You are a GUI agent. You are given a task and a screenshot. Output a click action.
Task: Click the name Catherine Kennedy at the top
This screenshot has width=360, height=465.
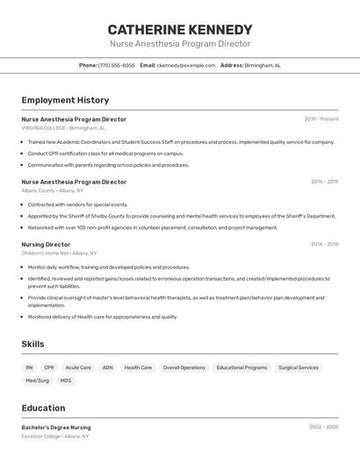click(x=180, y=29)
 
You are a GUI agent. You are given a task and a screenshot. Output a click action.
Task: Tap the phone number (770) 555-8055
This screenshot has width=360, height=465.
click(x=117, y=65)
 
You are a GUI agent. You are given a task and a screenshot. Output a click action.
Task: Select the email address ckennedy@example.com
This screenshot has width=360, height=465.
click(x=186, y=65)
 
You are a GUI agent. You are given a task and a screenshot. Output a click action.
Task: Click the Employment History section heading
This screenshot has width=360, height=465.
click(x=65, y=100)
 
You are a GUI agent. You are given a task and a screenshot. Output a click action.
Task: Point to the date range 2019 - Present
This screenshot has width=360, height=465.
click(x=321, y=119)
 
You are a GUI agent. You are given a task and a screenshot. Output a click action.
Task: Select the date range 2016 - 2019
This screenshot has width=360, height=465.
click(x=324, y=182)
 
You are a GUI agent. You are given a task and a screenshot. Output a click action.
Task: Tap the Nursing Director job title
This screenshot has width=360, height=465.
click(x=46, y=245)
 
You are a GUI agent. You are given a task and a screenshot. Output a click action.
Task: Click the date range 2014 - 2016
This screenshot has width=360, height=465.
click(x=324, y=245)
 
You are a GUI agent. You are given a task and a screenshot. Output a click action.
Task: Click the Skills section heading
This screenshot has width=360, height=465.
click(x=32, y=344)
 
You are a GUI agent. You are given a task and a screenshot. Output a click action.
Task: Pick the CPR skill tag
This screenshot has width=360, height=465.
click(x=49, y=368)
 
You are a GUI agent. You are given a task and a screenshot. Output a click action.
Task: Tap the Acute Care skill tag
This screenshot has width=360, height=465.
click(x=78, y=368)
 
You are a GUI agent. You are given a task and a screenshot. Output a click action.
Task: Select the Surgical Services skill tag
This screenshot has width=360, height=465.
click(x=299, y=368)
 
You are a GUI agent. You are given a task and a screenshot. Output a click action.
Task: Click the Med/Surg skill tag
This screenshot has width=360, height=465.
click(x=37, y=381)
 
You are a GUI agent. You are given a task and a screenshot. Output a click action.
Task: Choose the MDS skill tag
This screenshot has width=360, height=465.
click(x=66, y=381)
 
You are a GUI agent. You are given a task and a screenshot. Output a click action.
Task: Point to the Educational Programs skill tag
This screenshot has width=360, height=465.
click(x=241, y=368)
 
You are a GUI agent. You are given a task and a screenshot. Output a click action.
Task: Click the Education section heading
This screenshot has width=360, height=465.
click(x=43, y=408)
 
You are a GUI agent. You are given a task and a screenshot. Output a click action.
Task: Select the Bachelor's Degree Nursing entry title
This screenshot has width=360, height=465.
click(x=56, y=427)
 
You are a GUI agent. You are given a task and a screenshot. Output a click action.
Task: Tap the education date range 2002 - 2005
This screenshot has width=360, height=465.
click(x=323, y=427)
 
